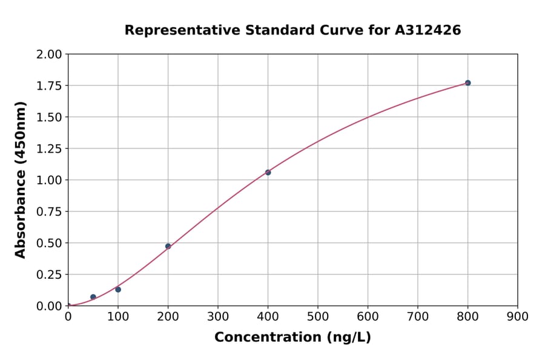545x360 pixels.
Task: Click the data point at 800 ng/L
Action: pyautogui.click(x=467, y=83)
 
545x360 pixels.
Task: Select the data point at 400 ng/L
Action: pyautogui.click(x=268, y=172)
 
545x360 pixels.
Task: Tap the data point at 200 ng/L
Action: pyautogui.click(x=168, y=246)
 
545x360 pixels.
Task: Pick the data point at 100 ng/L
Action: pyautogui.click(x=118, y=290)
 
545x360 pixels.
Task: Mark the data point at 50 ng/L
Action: pyautogui.click(x=93, y=297)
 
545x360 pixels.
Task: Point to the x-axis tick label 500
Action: pyautogui.click(x=318, y=316)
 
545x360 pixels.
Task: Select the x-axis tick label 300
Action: pyautogui.click(x=218, y=316)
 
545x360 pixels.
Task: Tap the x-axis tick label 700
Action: pyautogui.click(x=418, y=316)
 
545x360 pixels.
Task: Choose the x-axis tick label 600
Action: pyautogui.click(x=368, y=316)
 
